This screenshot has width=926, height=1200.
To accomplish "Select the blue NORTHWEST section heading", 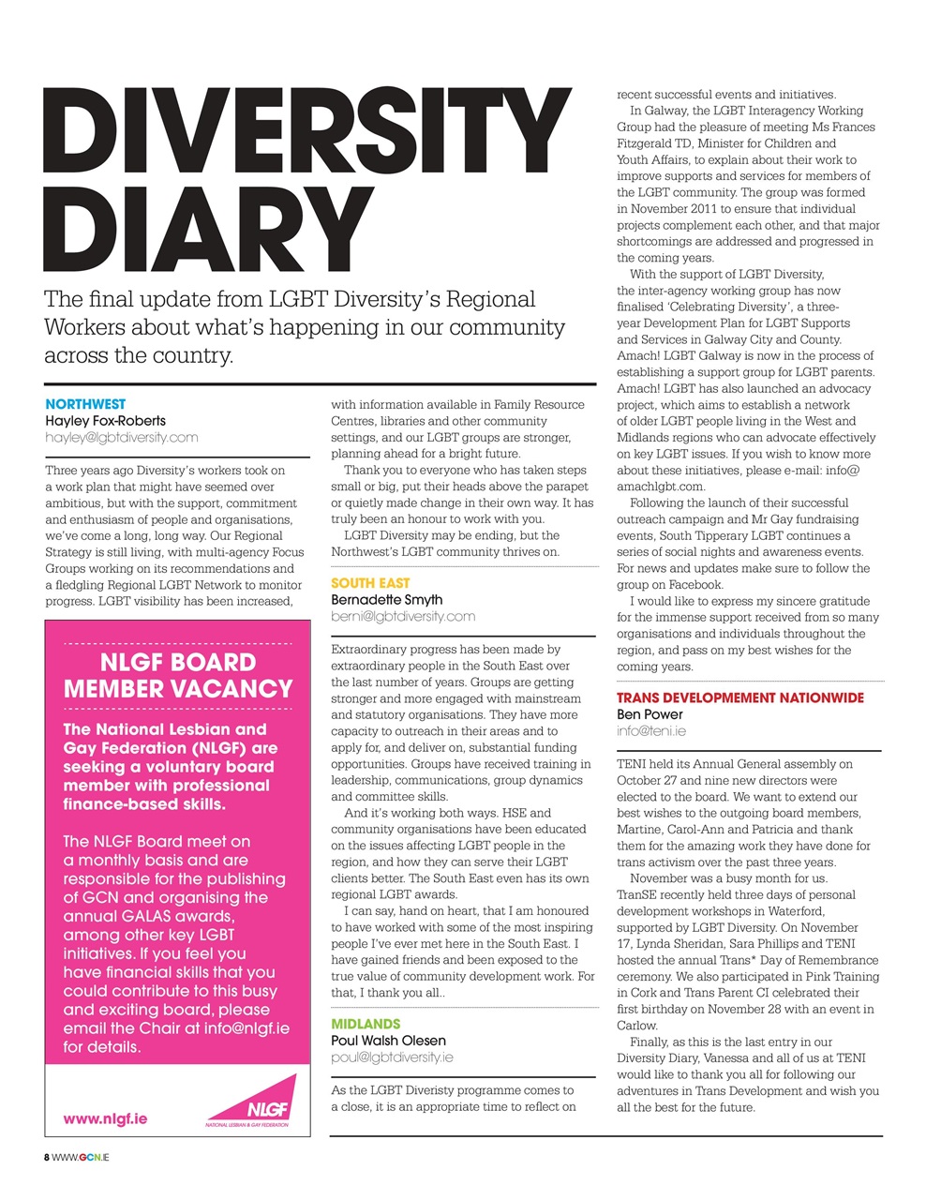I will point(85,404).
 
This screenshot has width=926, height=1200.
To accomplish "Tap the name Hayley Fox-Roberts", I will point(105,421).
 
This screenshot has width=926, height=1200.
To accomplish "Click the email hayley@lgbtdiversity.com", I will point(121,438).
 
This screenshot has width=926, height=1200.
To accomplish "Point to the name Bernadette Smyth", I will point(386,600).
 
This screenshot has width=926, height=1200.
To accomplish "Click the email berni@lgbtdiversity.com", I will point(403,617).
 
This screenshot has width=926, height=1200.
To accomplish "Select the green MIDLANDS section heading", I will point(366,1024).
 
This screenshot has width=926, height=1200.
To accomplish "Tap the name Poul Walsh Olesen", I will point(388,1041).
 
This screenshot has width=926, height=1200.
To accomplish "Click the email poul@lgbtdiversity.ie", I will point(392,1057).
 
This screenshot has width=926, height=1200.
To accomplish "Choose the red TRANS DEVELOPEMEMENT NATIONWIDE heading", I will point(740,697).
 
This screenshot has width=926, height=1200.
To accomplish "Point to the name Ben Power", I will point(650,714).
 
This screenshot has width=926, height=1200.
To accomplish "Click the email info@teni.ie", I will point(650,731).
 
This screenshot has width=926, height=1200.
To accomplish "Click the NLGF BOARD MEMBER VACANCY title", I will point(178,675).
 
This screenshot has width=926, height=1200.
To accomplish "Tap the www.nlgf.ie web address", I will point(105,1118).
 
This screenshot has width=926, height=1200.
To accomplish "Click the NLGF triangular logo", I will point(256,1103).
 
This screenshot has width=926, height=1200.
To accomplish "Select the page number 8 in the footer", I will point(47,1158).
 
